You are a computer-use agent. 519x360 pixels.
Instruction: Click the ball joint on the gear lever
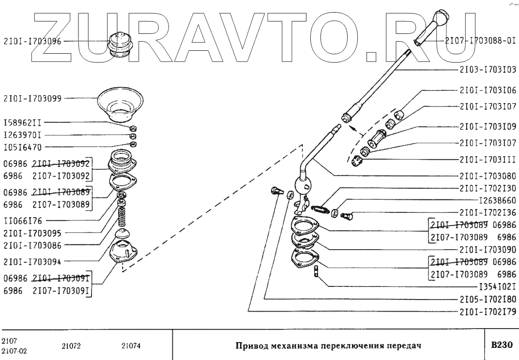click(x=303, y=185)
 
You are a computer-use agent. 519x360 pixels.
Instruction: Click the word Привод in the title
click(x=251, y=346)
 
